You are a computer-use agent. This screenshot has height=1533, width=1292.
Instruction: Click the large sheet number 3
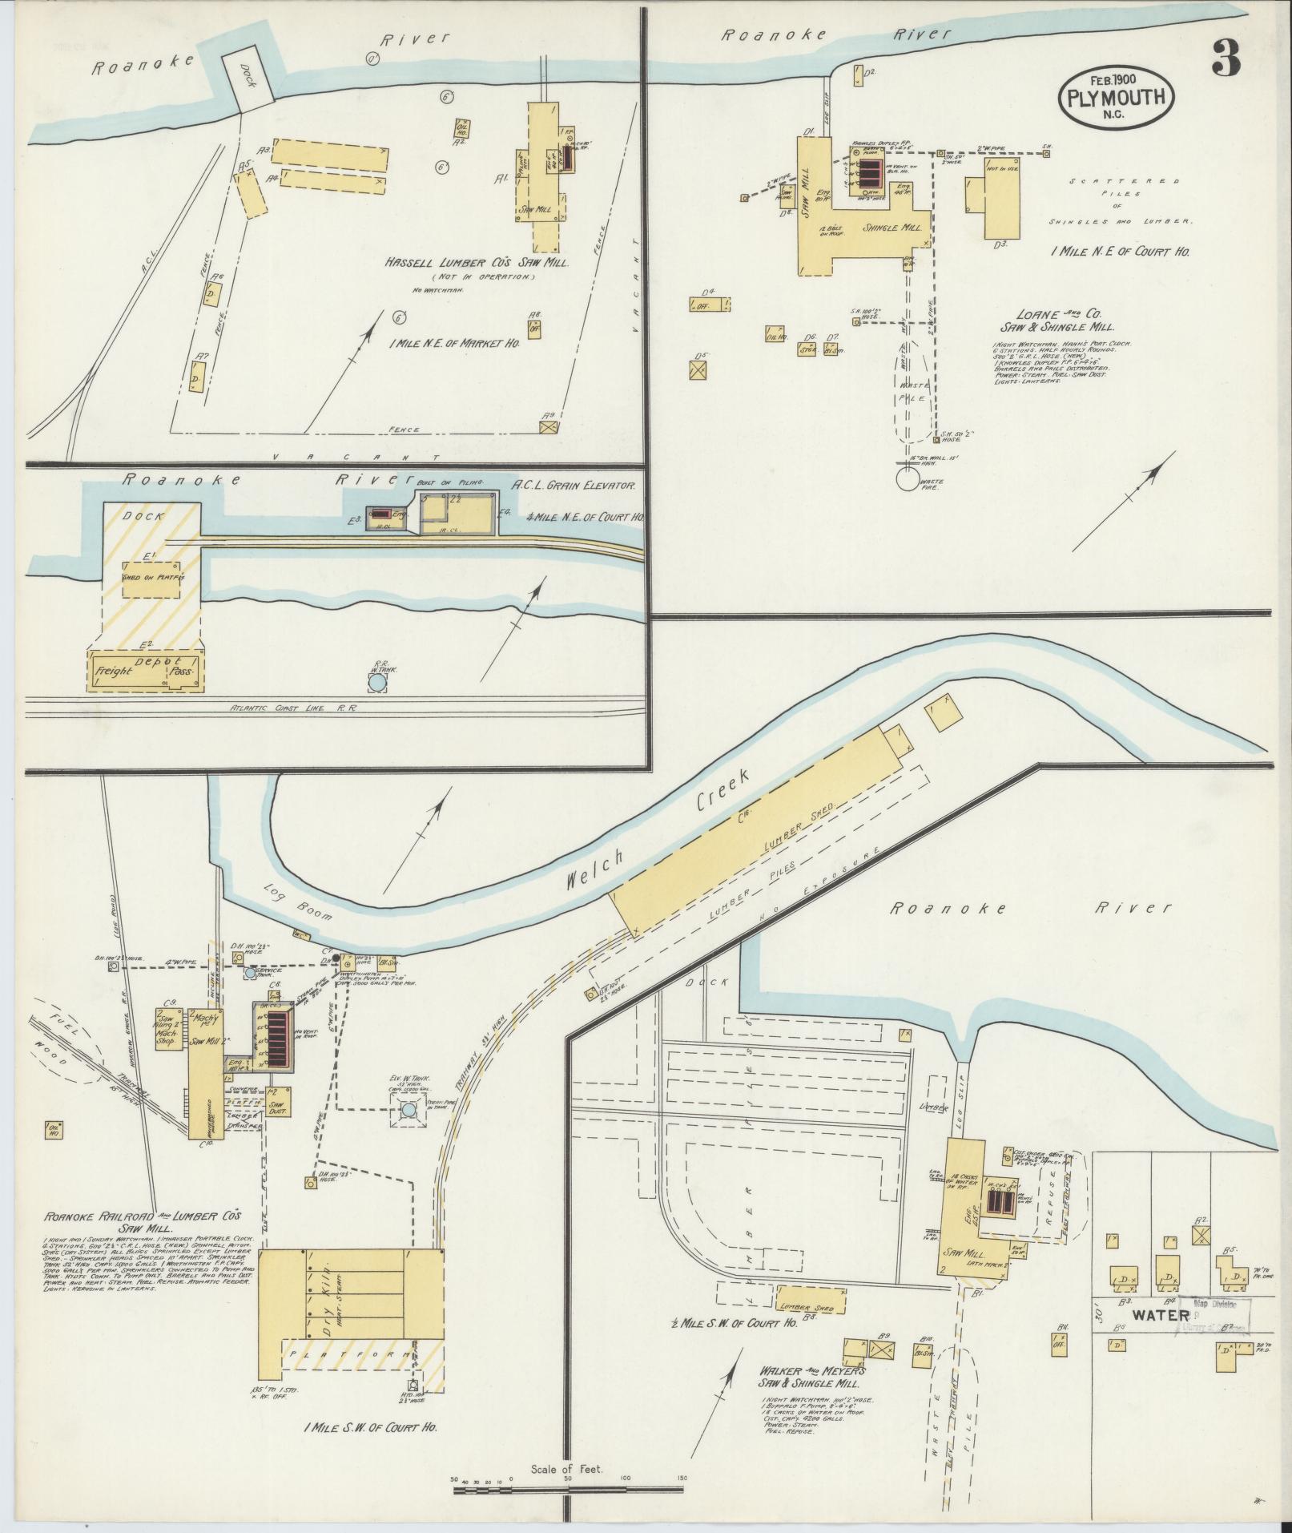(x=1226, y=58)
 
